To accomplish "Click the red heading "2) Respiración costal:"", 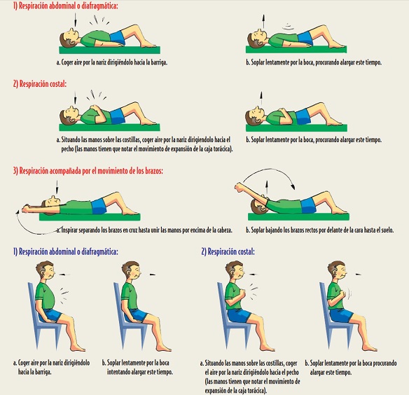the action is (x=40, y=84).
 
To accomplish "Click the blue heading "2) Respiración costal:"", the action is (x=228, y=251).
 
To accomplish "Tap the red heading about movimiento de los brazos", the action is (x=88, y=171).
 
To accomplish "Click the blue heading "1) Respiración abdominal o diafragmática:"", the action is (x=65, y=251).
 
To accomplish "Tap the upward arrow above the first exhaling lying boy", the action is (x=263, y=21).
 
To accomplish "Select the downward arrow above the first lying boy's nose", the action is (x=75, y=20).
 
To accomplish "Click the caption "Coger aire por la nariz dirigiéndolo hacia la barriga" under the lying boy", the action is (x=112, y=62).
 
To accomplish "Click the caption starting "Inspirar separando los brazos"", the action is (x=144, y=230).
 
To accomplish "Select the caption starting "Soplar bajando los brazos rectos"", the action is (x=320, y=230).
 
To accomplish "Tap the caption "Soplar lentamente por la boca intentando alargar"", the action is (x=137, y=368).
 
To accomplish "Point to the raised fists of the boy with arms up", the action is (x=238, y=187).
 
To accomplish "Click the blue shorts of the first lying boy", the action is (x=118, y=38).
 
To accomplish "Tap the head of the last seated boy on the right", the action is (x=337, y=270).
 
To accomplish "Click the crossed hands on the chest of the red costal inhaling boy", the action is (x=95, y=109).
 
